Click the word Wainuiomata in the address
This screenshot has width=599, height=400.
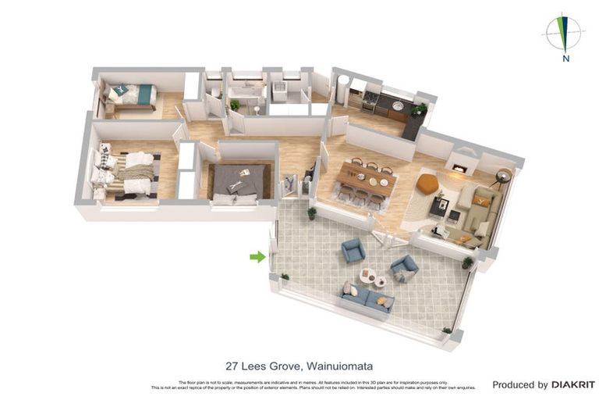342,366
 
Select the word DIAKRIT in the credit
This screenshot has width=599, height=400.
573,384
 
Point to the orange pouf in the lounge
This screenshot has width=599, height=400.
426,184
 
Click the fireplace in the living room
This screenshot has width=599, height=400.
460,167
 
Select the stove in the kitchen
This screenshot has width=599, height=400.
370,99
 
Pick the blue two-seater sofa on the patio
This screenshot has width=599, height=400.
367,298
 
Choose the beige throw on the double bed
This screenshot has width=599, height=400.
137,171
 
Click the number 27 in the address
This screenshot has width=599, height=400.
232,366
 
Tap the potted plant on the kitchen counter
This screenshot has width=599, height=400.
421,109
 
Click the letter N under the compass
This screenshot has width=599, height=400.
565,57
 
